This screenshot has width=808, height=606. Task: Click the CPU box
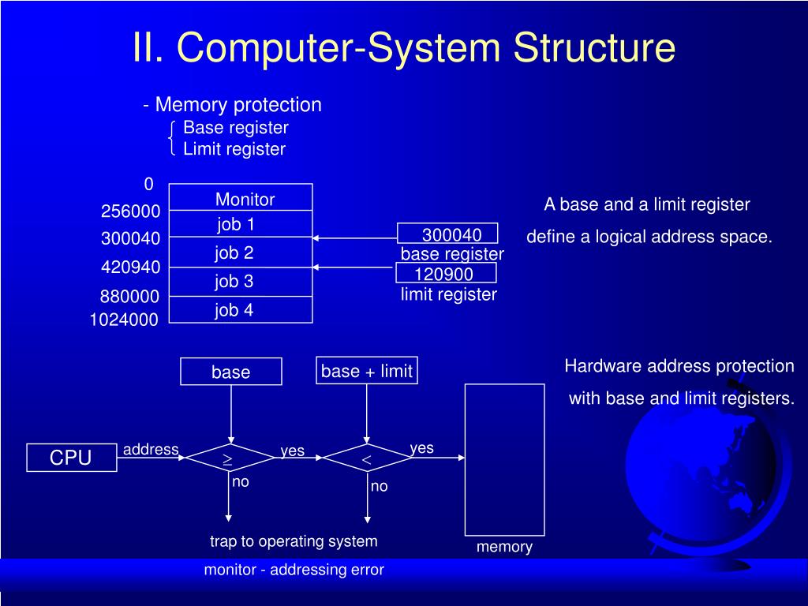72,458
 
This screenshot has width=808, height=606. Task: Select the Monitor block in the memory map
241,198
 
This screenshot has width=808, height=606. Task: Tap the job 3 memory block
241,282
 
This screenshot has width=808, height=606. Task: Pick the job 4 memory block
241,310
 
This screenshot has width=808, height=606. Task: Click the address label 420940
130,267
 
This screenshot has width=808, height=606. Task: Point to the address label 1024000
124,320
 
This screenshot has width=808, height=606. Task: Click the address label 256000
130,211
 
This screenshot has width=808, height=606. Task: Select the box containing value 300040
447,234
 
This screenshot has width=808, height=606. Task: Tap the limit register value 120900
445,274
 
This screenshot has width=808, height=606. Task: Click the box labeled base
230,372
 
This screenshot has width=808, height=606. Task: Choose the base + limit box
366,371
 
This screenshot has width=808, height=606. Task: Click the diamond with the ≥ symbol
227,458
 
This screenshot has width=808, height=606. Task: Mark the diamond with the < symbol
366,458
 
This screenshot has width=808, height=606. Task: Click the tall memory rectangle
504,459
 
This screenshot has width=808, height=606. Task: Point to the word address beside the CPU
151,449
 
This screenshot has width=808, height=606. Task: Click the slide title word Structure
595,47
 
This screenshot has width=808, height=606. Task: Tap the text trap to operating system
294,541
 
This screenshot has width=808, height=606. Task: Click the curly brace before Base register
172,138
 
